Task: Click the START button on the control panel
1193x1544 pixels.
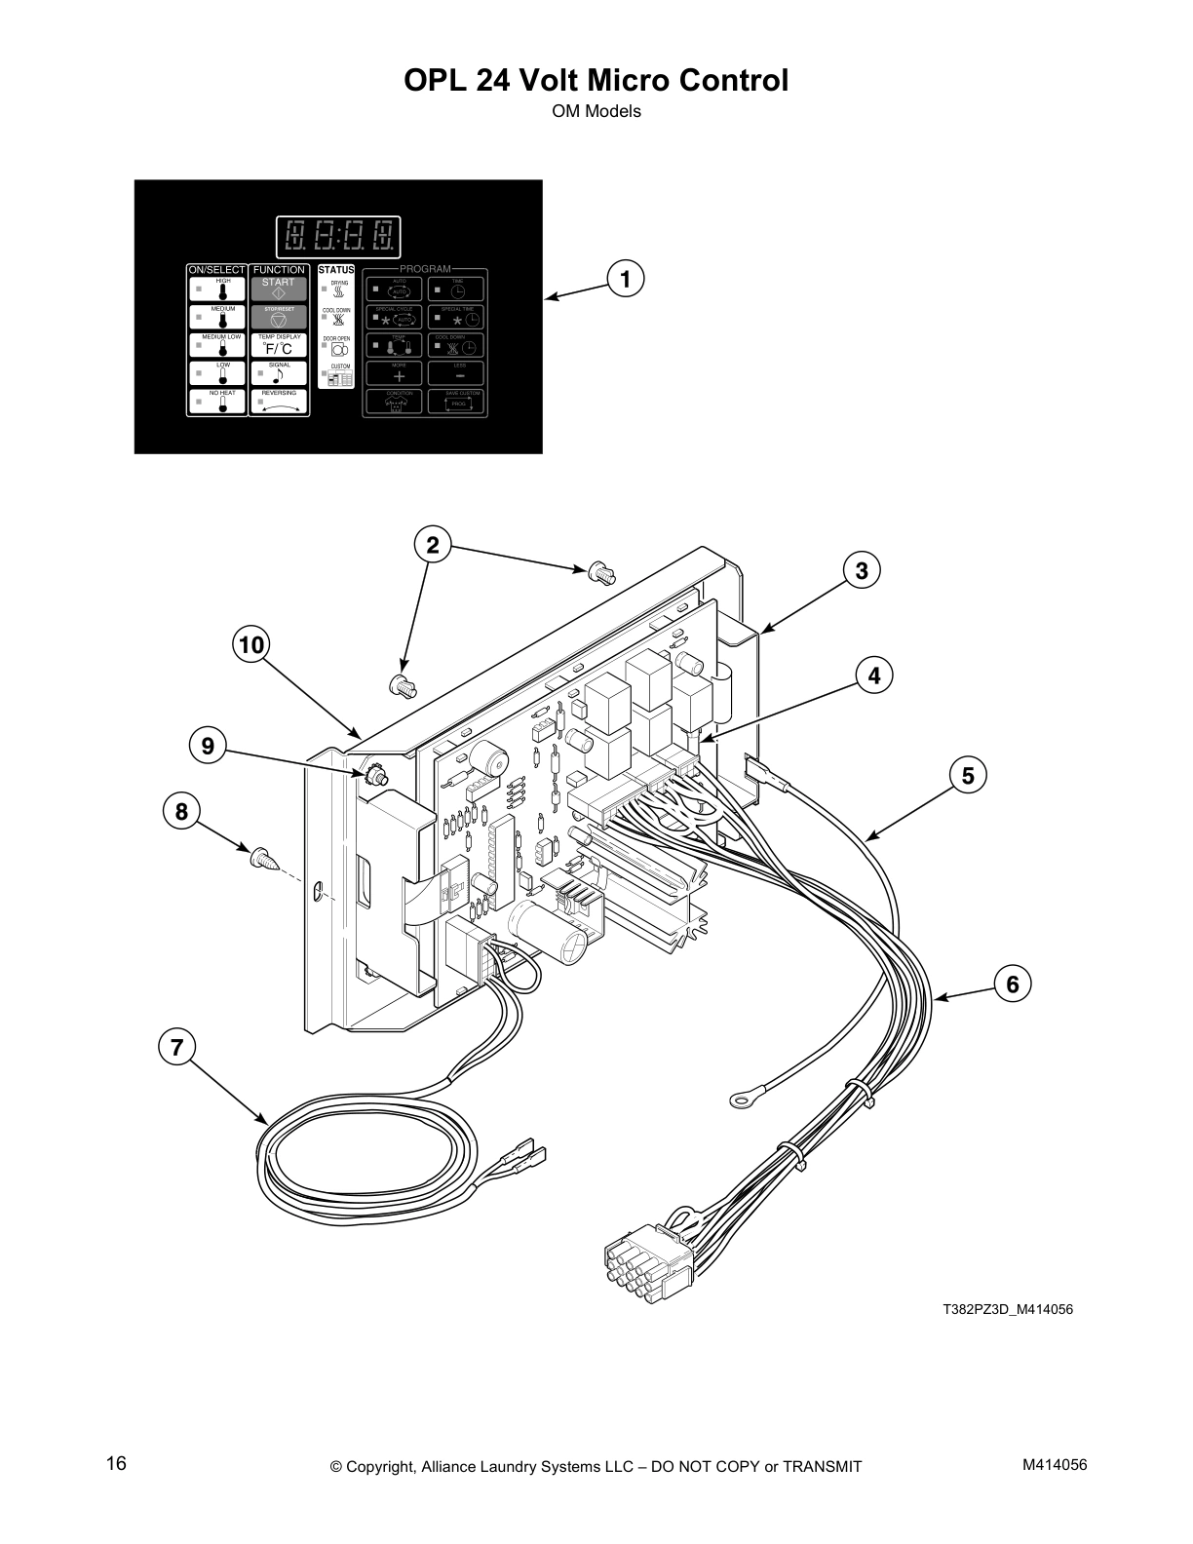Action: coord(279,289)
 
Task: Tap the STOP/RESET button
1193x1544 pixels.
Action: coord(279,317)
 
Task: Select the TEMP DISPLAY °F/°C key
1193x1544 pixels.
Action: coord(279,345)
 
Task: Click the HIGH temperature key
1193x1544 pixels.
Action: coord(216,289)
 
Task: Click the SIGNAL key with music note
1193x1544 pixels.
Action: coord(279,372)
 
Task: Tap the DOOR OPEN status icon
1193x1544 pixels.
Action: coord(336,347)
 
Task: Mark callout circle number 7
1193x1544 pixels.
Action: coord(176,1047)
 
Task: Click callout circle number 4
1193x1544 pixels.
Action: coord(874,675)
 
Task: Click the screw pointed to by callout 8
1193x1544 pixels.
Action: coord(264,859)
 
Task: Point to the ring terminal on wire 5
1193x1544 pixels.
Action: coord(742,1100)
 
